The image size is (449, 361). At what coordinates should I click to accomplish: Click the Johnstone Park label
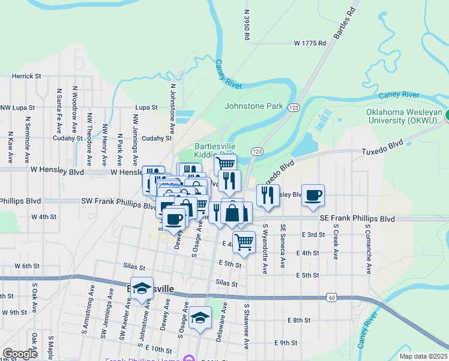pyautogui.click(x=253, y=106)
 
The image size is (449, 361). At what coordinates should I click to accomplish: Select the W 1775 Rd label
pyautogui.click(x=310, y=43)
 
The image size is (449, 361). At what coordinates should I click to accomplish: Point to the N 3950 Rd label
pyautogui.click(x=247, y=25)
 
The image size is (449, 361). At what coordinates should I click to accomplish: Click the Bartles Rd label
pyautogui.click(x=345, y=23)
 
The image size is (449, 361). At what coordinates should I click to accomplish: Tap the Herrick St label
pyautogui.click(x=26, y=76)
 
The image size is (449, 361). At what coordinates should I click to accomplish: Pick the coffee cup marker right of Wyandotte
pyautogui.click(x=313, y=196)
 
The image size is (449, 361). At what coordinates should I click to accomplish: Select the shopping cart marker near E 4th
pyautogui.click(x=244, y=242)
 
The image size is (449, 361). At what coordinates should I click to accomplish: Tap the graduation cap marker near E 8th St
pyautogui.click(x=200, y=317)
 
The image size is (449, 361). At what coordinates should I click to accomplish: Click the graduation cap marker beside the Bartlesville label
pyautogui.click(x=142, y=288)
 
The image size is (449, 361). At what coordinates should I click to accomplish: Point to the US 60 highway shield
pyautogui.click(x=332, y=297)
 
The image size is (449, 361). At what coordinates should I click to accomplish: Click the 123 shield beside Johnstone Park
pyautogui.click(x=293, y=107)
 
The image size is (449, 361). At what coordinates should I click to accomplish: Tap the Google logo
pyautogui.click(x=19, y=354)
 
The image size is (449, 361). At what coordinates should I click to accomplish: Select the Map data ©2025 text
pyautogui.click(x=424, y=356)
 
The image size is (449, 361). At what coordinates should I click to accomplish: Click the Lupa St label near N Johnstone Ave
pyautogui.click(x=146, y=107)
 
